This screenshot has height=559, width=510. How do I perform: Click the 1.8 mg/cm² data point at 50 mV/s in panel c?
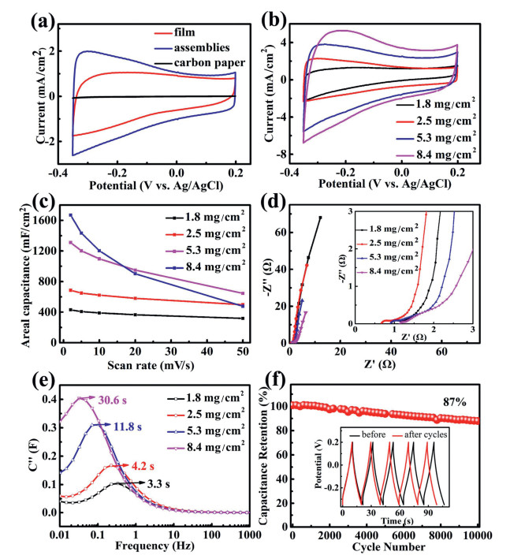242,319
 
